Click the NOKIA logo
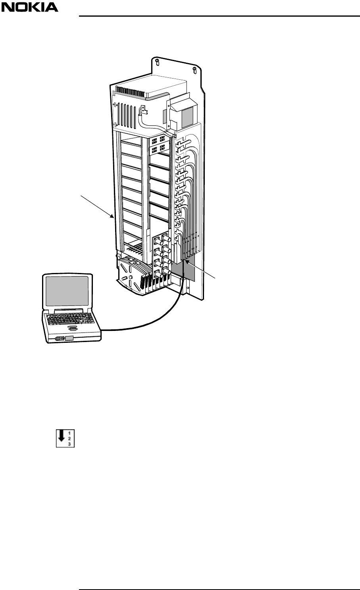coord(30,7)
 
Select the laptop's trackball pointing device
coord(72,328)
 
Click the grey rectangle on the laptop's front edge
coord(69,338)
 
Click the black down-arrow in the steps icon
coord(61,439)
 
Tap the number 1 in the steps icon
coord(70,434)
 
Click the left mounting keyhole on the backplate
coord(158,62)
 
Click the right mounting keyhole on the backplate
coord(194,71)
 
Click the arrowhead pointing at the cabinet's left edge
coord(113,217)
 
